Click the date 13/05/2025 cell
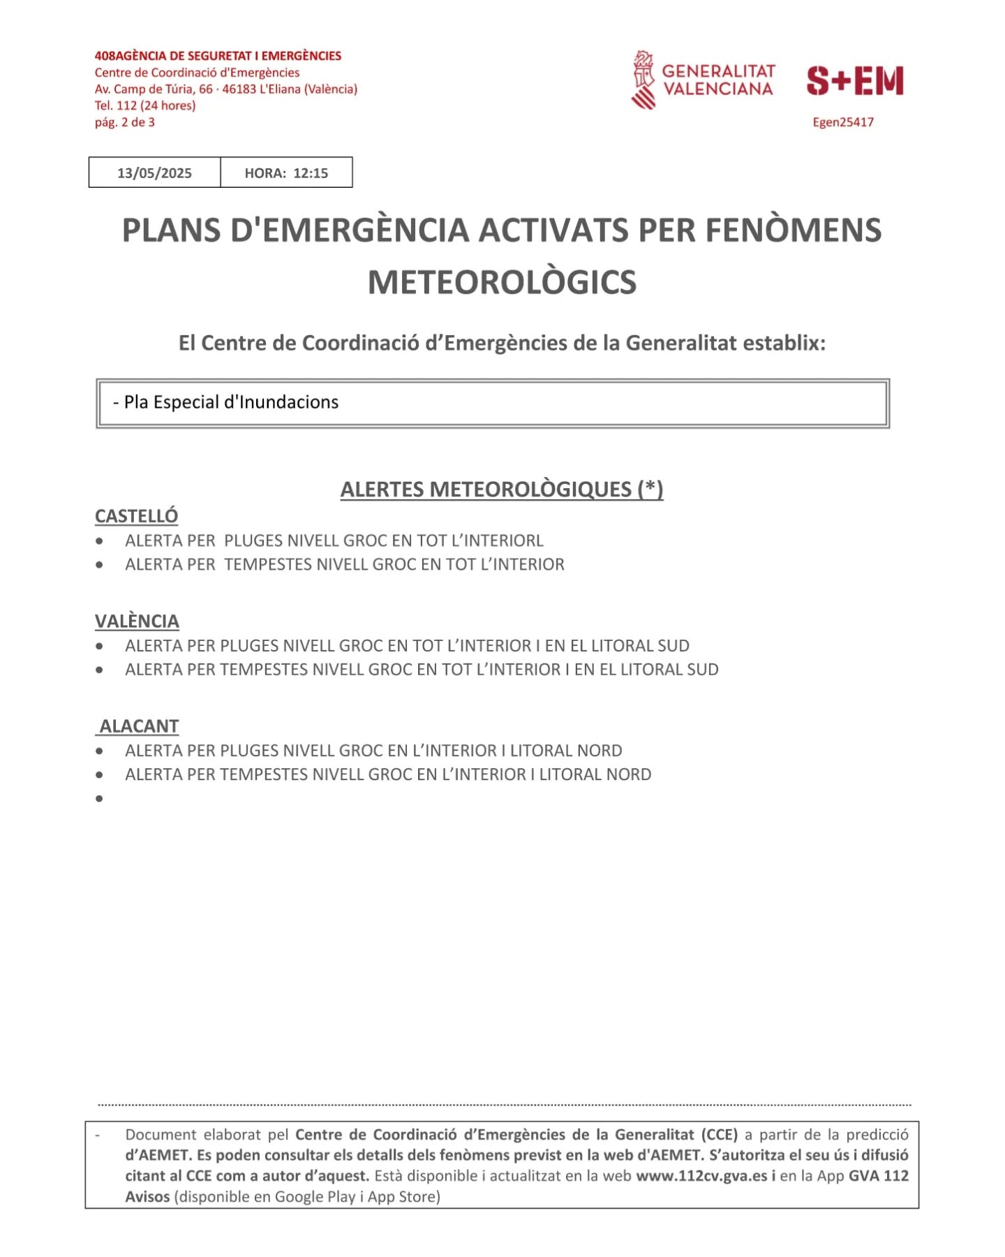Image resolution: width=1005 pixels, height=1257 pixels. [154, 173]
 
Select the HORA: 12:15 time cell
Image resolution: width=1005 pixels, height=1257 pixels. [286, 173]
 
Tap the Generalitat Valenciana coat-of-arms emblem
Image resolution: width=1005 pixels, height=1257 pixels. [643, 80]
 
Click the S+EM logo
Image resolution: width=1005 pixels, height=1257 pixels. [855, 81]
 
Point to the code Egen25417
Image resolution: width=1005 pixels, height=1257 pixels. [842, 122]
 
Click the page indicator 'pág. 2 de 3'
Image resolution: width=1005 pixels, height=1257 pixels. [125, 122]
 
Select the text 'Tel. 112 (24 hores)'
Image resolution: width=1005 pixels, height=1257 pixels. [145, 105]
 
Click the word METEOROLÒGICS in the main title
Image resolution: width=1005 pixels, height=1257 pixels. [502, 282]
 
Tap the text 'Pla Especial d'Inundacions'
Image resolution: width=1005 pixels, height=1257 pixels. [231, 402]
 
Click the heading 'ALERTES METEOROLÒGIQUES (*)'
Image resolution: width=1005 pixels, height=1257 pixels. [502, 490]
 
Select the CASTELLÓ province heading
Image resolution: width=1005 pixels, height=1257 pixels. [137, 516]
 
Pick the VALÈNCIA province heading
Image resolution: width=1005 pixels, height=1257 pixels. [137, 621]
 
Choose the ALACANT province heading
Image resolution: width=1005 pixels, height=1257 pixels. [140, 726]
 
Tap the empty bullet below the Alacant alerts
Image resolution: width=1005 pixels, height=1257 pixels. [100, 798]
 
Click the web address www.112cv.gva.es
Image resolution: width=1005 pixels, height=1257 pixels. [701, 1176]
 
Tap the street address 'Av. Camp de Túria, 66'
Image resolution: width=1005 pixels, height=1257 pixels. [154, 89]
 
